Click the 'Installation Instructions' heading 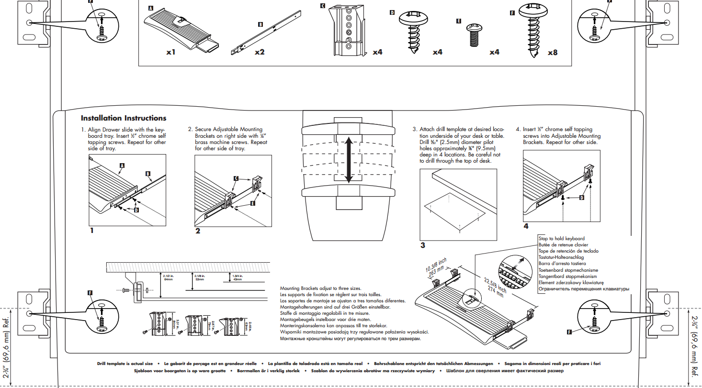tap(124, 118)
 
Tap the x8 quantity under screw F tap(552, 53)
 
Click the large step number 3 tap(423, 246)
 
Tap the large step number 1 tap(91, 231)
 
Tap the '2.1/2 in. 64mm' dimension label tap(168, 277)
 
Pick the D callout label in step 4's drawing tap(582, 197)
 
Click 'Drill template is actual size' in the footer tap(125, 364)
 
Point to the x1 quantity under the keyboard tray tap(171, 52)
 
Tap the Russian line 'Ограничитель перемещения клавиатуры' tap(584, 289)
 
